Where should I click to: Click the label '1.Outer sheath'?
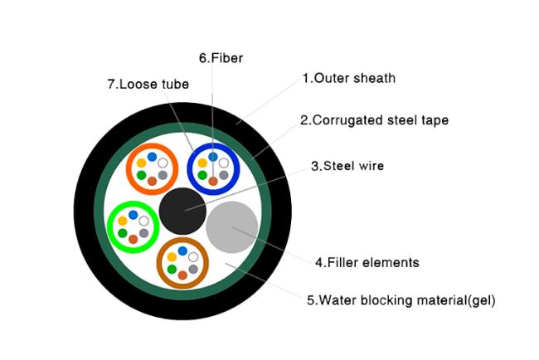coord(349,79)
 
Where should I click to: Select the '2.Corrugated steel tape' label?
coord(374,120)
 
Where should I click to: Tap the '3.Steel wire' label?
coord(347,166)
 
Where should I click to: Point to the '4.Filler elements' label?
coord(367,263)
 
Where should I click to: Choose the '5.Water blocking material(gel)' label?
coord(401,300)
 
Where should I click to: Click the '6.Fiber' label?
coord(221,58)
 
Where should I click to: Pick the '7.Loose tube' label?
coord(148,85)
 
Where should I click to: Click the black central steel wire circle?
coord(182,211)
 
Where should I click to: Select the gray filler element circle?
coord(231,227)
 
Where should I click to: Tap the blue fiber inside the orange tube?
coord(152,157)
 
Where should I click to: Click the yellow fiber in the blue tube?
coord(202,163)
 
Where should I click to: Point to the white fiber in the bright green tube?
coord(143,221)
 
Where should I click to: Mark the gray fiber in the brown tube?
coord(193,269)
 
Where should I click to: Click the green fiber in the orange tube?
coord(141,175)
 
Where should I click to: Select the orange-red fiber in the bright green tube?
coord(133,239)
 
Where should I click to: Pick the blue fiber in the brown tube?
coord(182,251)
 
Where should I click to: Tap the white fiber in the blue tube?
coord(224,163)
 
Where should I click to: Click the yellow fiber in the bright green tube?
coord(123,221)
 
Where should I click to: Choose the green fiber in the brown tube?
coord(172,269)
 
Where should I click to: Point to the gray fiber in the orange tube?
coord(163,175)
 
